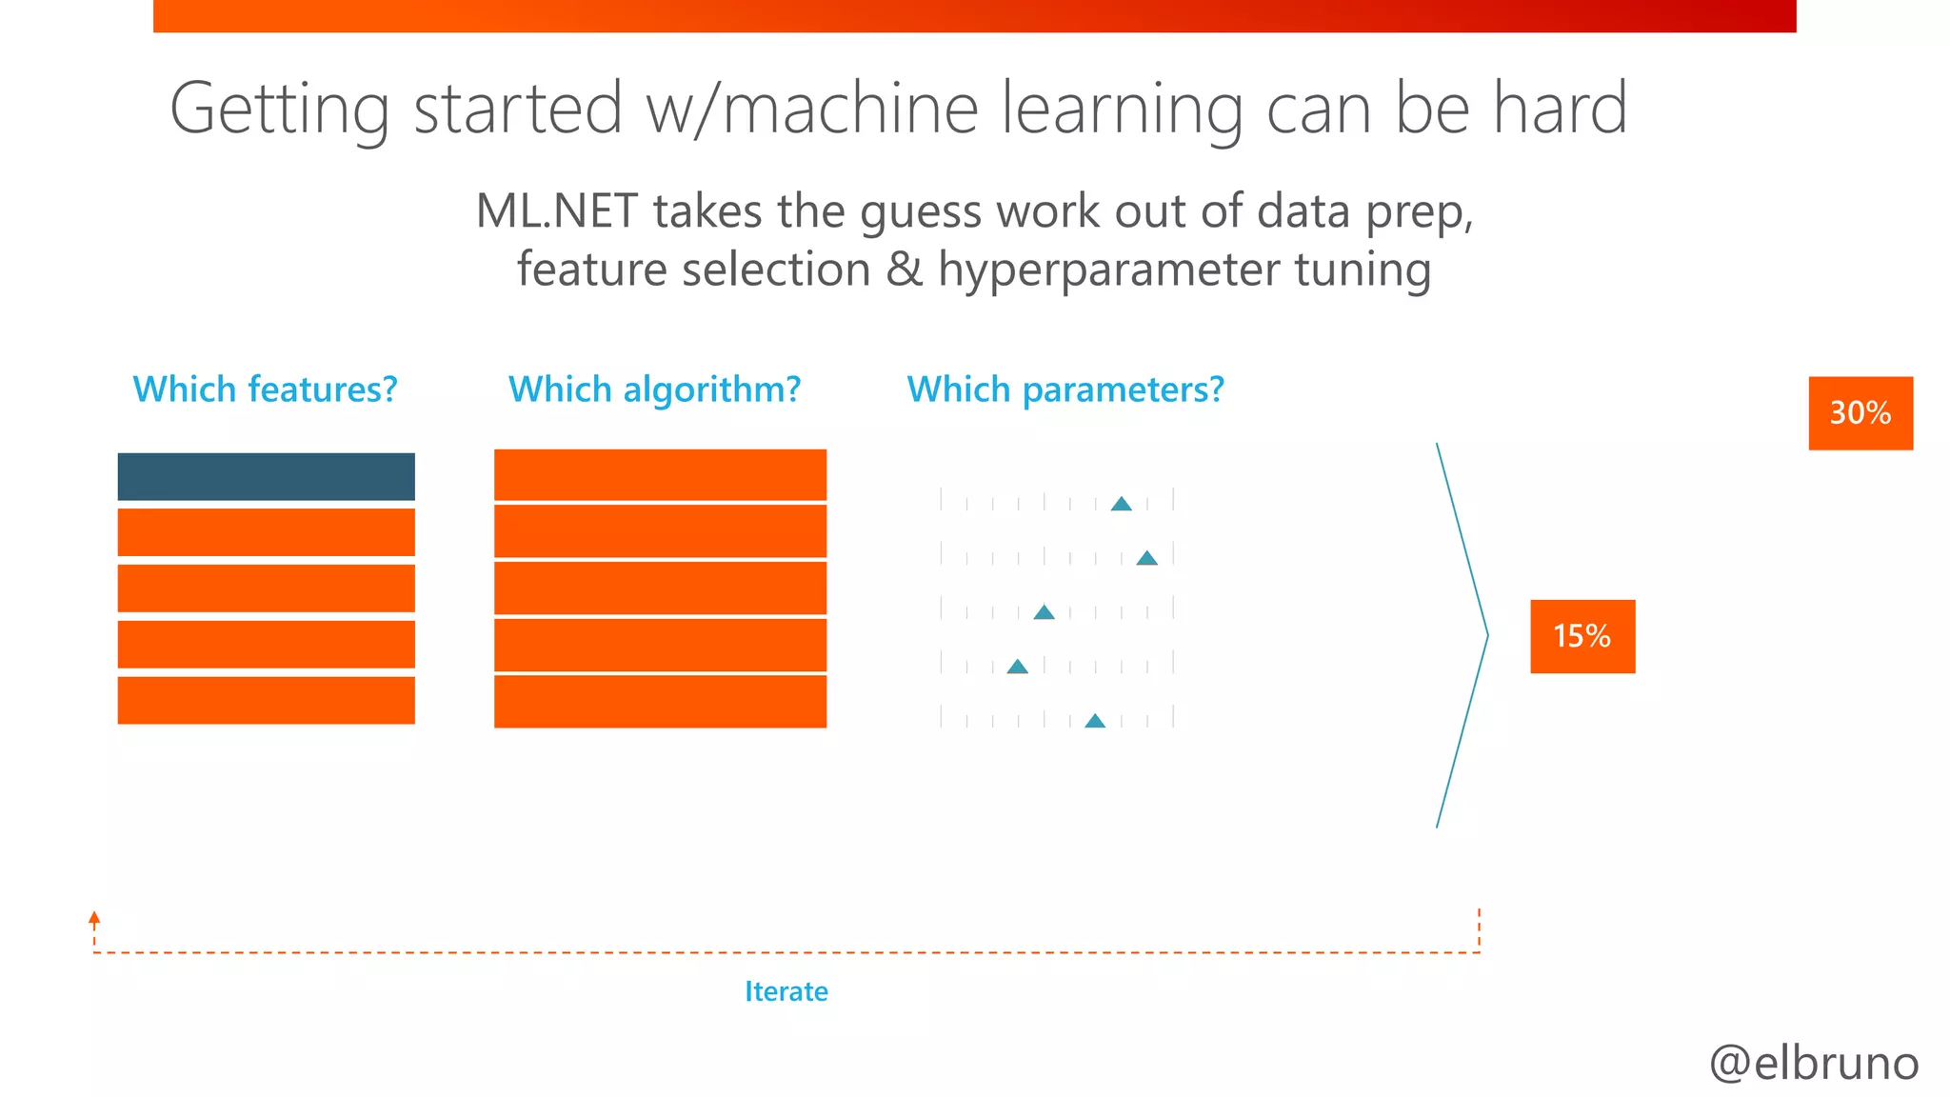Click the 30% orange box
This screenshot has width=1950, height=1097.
[1860, 413]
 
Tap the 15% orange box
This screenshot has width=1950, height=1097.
[1582, 636]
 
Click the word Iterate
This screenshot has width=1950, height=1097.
[786, 991]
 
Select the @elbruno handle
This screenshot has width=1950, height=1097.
[1813, 1063]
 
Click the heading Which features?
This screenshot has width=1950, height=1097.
[265, 389]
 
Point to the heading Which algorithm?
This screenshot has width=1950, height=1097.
[654, 389]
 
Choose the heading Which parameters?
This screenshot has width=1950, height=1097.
[1065, 389]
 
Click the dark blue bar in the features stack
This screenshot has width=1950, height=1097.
[266, 476]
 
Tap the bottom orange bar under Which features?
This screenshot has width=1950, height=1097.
[266, 700]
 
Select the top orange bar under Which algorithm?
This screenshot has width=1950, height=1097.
[660, 474]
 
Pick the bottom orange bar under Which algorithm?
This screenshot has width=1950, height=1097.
[660, 701]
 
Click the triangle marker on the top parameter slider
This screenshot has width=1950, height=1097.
[1121, 504]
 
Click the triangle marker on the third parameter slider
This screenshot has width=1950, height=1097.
[1044, 612]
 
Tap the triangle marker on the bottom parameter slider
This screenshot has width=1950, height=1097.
[1095, 721]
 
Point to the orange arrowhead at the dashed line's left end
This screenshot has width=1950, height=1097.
[94, 918]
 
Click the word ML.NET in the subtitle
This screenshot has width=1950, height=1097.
[556, 210]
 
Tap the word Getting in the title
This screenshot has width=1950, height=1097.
[279, 110]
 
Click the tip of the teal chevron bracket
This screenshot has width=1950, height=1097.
[1486, 635]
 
